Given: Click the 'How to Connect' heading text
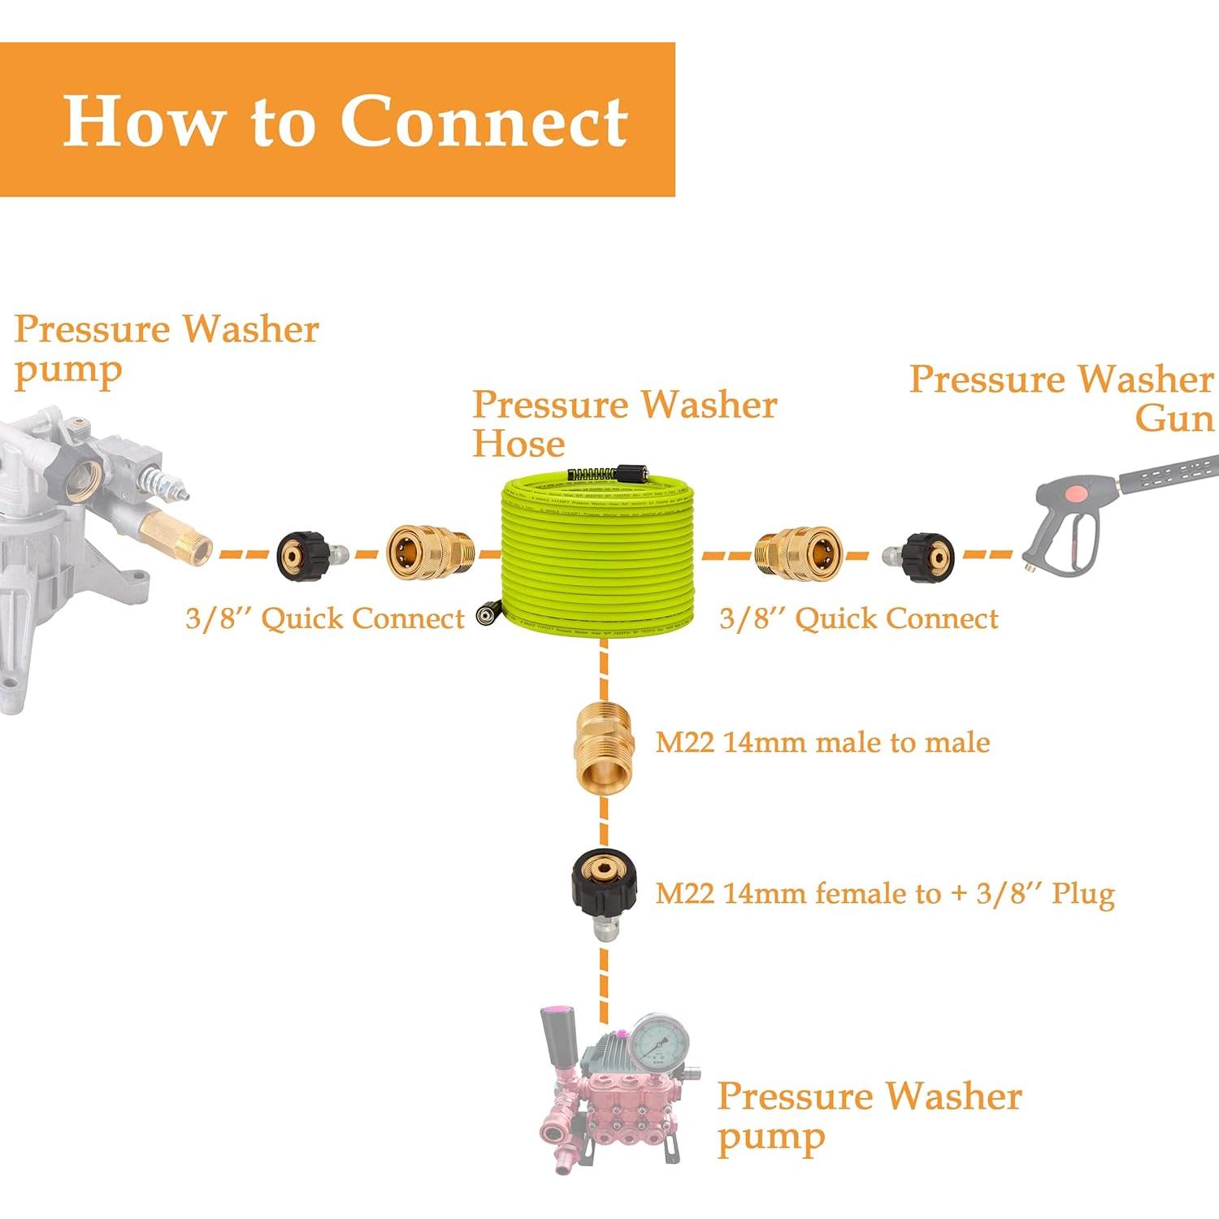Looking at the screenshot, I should (x=345, y=120).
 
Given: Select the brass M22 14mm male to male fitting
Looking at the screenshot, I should (x=602, y=746).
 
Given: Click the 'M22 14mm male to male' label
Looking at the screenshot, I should (x=822, y=742).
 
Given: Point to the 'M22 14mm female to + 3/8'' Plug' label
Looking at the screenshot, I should (x=884, y=893).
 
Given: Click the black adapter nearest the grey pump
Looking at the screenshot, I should (x=305, y=556).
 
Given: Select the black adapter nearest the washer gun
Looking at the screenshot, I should (x=925, y=557).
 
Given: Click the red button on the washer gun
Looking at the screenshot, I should (x=1076, y=493).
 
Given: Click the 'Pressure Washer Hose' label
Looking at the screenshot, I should (x=624, y=423).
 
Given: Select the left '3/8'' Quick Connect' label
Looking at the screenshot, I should (x=324, y=618).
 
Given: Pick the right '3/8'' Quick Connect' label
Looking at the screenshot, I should (x=858, y=618).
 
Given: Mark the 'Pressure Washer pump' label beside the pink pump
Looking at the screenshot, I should (x=868, y=1116).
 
